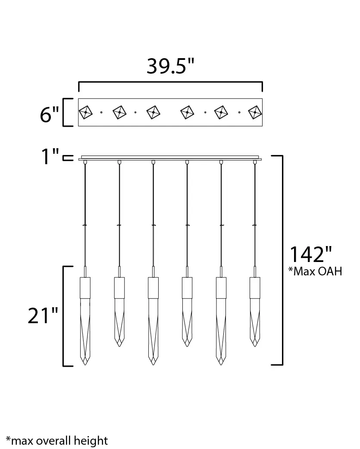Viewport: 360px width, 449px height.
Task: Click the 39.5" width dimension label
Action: pyautogui.click(x=171, y=65)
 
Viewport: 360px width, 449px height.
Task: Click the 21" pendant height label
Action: pyautogui.click(x=43, y=316)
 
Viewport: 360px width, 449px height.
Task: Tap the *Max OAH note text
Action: pyautogui.click(x=315, y=271)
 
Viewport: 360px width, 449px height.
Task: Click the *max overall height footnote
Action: pyautogui.click(x=57, y=440)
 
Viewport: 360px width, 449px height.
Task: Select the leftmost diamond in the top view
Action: pyautogui.click(x=85, y=112)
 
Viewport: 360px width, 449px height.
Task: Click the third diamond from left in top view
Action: pyautogui.click(x=153, y=112)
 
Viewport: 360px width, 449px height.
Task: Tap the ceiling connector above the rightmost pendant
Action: pyautogui.click(x=255, y=162)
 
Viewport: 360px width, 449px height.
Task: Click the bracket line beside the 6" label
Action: pyautogui.click(x=64, y=112)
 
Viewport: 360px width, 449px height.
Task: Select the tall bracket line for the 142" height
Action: pyautogui.click(x=282, y=260)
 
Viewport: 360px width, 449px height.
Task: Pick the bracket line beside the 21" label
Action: pyautogui.click(x=64, y=316)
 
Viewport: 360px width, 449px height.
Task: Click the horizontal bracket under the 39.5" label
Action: pyautogui.click(x=171, y=82)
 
